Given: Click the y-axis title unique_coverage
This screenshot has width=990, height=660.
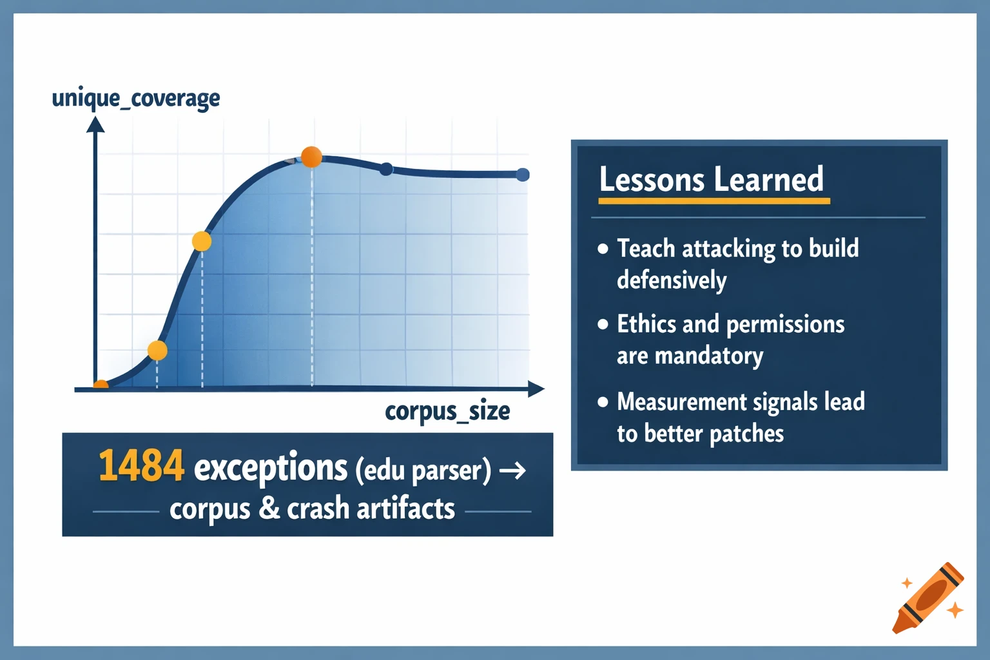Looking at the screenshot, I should pos(135,99).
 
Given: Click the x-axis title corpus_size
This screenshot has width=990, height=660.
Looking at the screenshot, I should pos(447,411).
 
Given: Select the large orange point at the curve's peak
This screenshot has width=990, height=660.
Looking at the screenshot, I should pos(311,157).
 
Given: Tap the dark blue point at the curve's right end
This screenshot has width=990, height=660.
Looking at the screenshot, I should pos(523,175).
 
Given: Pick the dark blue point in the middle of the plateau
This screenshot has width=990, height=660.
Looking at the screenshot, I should pos(386,169).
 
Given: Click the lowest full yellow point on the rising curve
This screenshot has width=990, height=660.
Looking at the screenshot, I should pos(157,351).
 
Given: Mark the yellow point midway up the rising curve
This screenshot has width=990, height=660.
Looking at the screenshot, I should pos(202,242).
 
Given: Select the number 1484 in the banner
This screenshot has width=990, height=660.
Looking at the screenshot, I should pos(141,467).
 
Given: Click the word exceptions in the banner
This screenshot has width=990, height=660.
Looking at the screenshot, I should pos(271,467).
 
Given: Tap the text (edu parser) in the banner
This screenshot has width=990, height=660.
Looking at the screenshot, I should pos(423,470).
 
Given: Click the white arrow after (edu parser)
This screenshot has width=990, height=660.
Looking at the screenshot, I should pos(512,471).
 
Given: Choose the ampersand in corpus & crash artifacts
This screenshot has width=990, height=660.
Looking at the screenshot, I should pos(269,509).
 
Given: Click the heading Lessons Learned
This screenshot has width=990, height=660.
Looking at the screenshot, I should pos(711,179).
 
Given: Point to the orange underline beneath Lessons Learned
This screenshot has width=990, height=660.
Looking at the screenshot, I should pos(713,201).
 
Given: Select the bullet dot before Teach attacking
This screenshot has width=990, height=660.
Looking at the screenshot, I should pos(603,249).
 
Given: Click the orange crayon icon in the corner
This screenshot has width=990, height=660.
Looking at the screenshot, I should pos(928,597).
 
